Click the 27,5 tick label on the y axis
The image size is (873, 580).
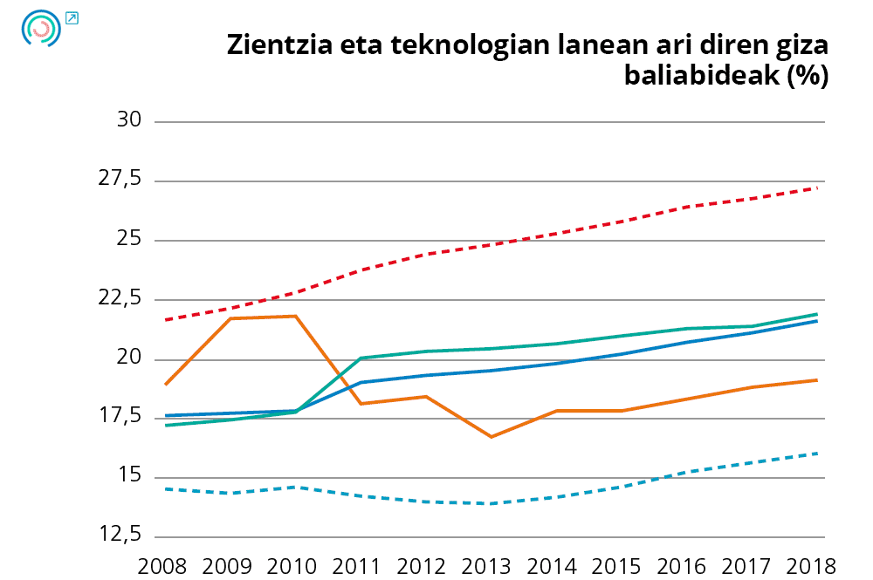(x=121, y=180)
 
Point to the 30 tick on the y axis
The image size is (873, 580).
(x=129, y=120)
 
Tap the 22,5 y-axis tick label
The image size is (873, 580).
(x=121, y=298)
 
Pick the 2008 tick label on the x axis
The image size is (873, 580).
(x=163, y=564)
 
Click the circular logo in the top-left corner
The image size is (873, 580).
(x=41, y=29)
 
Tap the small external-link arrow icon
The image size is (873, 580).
(x=72, y=17)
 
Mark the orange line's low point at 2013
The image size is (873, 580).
(x=491, y=436)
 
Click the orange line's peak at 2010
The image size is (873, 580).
(x=295, y=316)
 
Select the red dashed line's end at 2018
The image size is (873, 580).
(x=817, y=188)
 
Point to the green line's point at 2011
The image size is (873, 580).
(x=361, y=358)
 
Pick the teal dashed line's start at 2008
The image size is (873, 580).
(x=165, y=488)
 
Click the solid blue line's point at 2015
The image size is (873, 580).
(x=622, y=353)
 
